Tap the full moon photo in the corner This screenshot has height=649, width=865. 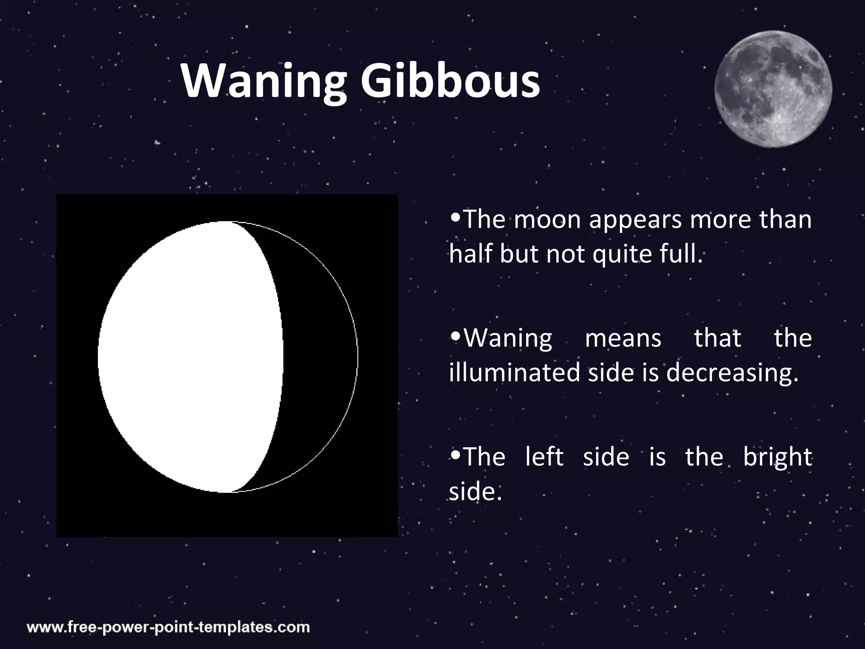773,89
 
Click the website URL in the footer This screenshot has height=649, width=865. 168,627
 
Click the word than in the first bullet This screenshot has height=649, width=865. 785,220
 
